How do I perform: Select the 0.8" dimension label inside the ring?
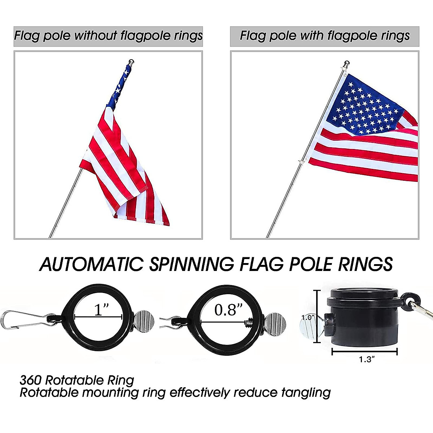pyautogui.click(x=228, y=310)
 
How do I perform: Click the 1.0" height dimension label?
pyautogui.click(x=308, y=317)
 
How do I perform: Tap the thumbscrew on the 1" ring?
pyautogui.click(x=144, y=319)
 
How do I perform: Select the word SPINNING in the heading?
pyautogui.click(x=191, y=264)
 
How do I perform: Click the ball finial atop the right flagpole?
pyautogui.click(x=347, y=64)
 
